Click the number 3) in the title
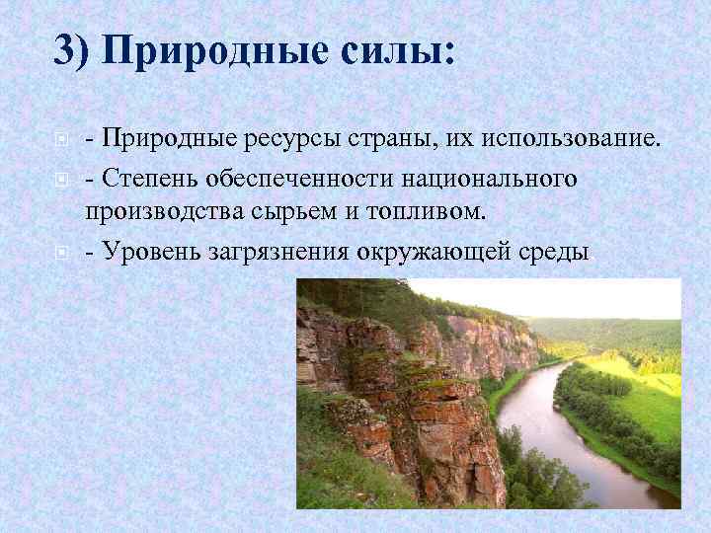[71, 49]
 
